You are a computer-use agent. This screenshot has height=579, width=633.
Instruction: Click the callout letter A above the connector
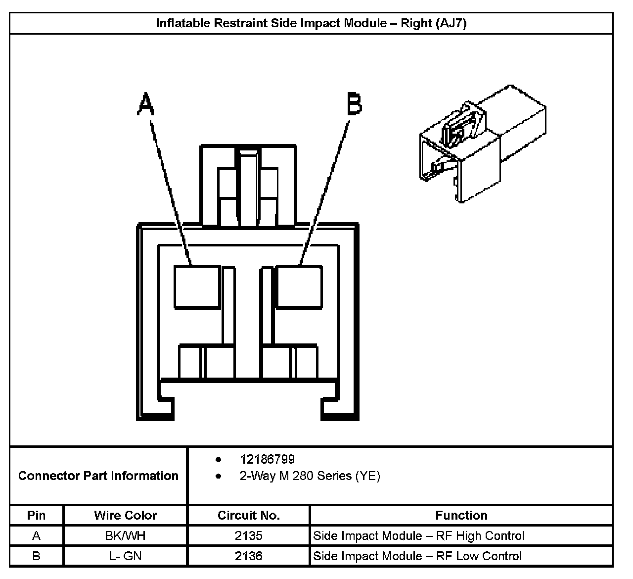tap(145, 104)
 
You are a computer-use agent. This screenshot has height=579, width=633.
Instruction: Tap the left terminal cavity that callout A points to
tap(197, 287)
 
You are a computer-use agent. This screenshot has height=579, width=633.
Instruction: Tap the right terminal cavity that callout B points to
tap(300, 287)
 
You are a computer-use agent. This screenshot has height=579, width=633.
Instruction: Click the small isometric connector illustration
tap(482, 144)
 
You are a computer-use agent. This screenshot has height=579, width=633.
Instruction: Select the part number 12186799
tap(267, 460)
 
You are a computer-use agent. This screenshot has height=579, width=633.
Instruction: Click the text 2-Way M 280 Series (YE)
tap(310, 476)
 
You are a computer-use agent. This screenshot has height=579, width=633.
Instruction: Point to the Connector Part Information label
tap(98, 476)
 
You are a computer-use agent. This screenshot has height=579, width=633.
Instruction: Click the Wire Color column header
tap(125, 515)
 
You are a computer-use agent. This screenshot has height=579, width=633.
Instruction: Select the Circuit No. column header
tap(249, 515)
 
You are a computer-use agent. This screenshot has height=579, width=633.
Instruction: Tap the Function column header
tap(461, 515)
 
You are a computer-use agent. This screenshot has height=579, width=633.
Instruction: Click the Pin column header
tap(36, 515)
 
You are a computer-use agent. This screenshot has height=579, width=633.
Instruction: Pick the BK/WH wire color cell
tap(125, 535)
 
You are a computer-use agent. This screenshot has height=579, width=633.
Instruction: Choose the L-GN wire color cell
tap(125, 556)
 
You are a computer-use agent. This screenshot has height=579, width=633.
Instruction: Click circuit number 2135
tap(249, 535)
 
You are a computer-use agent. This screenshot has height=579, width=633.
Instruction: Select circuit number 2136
tap(249, 556)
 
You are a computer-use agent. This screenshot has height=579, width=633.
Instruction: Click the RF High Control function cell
tap(418, 535)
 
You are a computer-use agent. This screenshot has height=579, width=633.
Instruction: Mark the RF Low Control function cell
tap(417, 556)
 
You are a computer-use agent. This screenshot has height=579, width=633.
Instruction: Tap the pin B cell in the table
tap(36, 556)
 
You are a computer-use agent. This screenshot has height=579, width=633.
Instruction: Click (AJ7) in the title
tap(451, 23)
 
